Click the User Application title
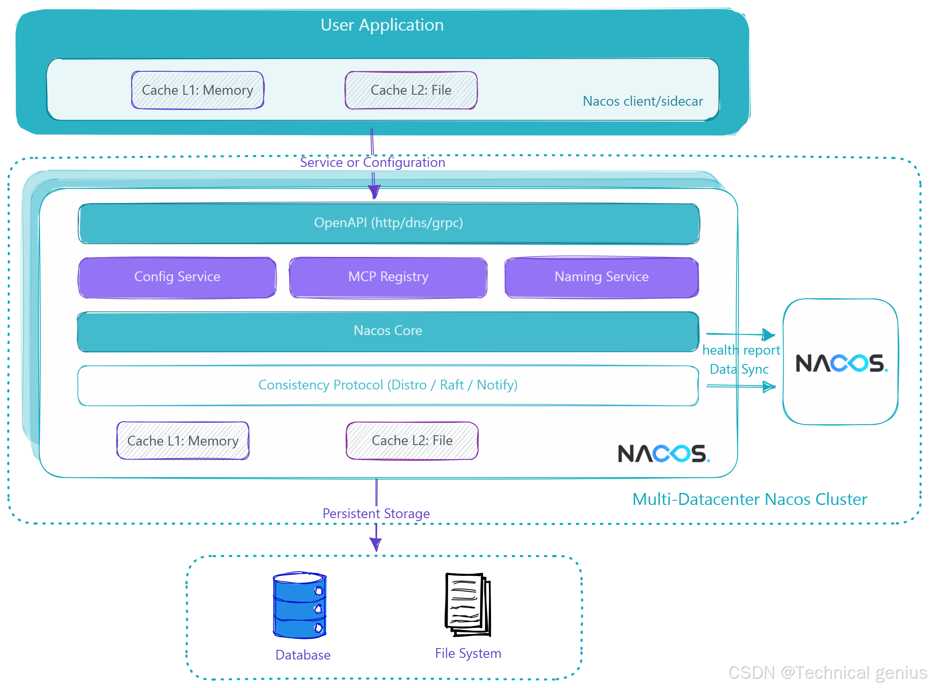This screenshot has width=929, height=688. coord(382,25)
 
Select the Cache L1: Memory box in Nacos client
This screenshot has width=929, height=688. coord(197,90)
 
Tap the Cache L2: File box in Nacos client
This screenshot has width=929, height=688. coord(411,90)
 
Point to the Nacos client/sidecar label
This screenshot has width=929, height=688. coord(642,101)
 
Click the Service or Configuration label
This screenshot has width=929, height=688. coord(372,162)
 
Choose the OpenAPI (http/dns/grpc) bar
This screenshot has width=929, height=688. coord(388,223)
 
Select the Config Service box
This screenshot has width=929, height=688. coord(177,277)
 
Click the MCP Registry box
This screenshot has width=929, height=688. coord(388,277)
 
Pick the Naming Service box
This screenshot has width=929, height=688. coord(601,277)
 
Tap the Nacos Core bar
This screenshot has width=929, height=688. coord(388,331)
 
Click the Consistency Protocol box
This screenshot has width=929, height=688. coord(388,385)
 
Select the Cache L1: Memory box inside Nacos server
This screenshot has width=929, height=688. coord(183,441)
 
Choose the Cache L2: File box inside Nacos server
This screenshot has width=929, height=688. coord(412,441)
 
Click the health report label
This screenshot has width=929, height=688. coord(741,350)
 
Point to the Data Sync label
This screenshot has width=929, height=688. coord(739,369)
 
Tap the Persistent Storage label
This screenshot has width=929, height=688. coord(376,513)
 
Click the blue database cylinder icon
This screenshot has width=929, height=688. coord(300,605)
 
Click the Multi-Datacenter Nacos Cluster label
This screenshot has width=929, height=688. coord(749,499)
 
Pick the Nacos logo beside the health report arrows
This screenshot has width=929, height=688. coord(841,363)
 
